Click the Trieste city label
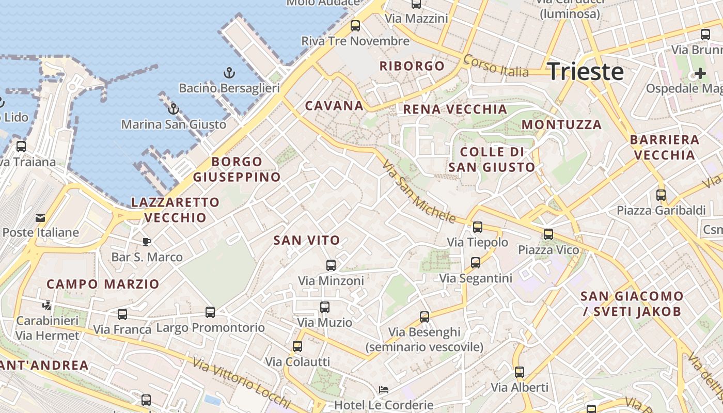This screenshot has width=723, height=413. [585, 71]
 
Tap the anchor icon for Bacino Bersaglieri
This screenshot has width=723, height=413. [229, 73]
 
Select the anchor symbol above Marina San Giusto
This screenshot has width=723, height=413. [174, 109]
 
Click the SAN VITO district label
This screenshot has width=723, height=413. [307, 240]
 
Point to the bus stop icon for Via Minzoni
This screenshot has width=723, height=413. [331, 265]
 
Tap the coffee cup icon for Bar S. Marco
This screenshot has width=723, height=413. [147, 241]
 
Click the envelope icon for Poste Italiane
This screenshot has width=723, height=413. [40, 217]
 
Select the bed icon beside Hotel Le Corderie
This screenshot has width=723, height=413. [384, 390]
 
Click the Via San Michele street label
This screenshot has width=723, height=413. [419, 192]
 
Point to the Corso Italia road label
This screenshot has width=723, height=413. [496, 66]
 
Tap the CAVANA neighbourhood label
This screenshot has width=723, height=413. [334, 106]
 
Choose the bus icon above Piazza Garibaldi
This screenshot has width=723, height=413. [661, 195]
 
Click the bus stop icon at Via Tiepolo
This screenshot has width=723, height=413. [478, 227]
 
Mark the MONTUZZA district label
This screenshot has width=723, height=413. [561, 124]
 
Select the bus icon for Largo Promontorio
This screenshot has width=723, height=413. [210, 312]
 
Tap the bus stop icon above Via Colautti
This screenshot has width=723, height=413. [297, 346]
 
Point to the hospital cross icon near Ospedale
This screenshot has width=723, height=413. [700, 73]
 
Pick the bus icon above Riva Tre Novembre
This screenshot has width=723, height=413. [355, 25]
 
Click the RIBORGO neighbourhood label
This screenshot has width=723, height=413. [412, 66]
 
